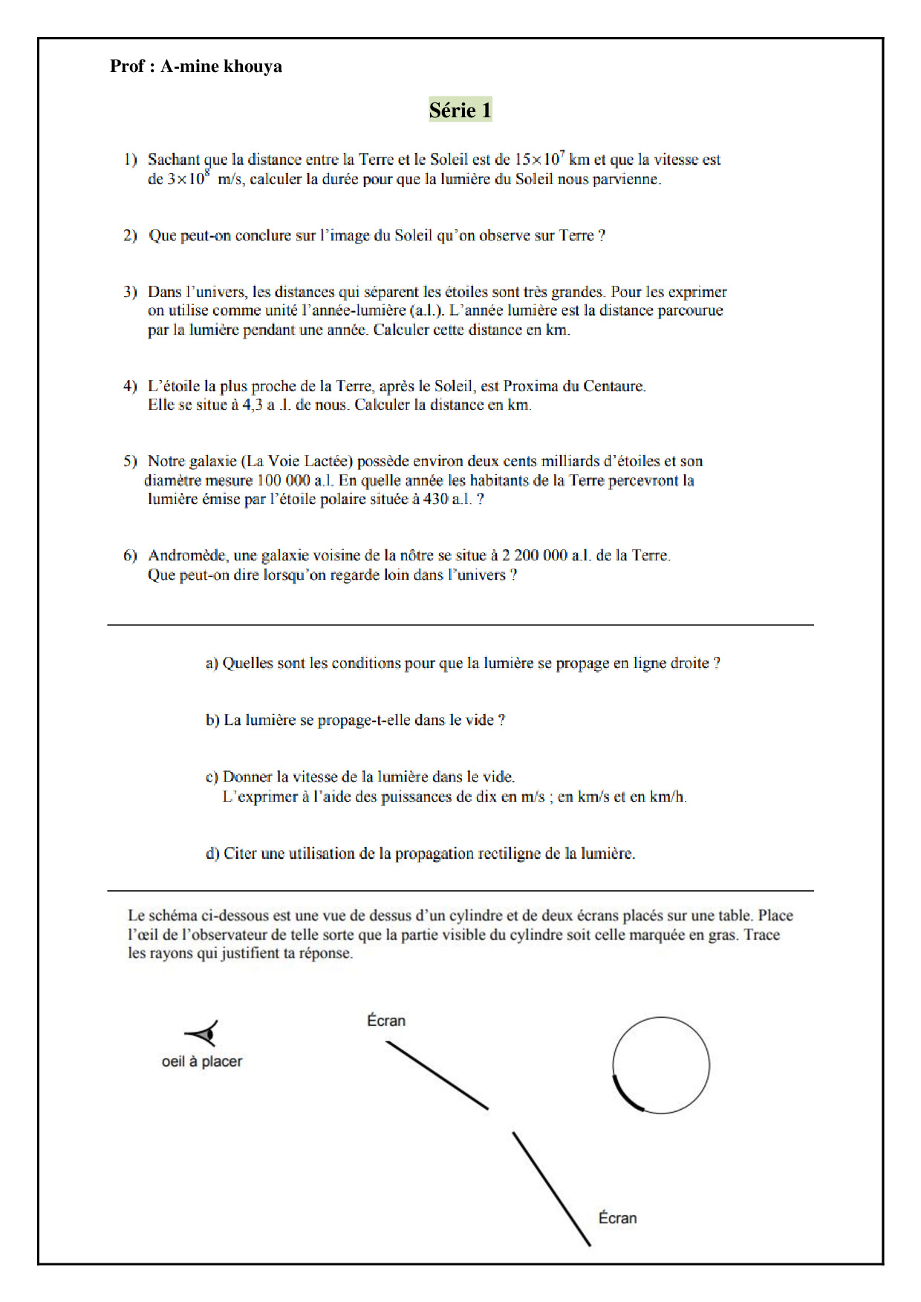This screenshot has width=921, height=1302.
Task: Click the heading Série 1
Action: point(460,110)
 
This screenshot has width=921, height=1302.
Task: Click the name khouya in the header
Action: point(253,66)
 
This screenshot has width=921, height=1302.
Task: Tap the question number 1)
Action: point(131,159)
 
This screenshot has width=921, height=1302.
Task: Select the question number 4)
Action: point(131,386)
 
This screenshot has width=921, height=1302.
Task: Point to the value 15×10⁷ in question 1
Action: point(540,159)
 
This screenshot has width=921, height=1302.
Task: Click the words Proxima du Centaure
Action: point(574,386)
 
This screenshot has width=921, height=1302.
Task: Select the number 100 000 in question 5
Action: point(283,480)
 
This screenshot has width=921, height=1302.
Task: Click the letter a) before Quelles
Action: point(212,663)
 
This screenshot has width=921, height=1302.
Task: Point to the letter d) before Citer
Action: point(212,854)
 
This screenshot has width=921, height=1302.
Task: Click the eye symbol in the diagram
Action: point(202,1033)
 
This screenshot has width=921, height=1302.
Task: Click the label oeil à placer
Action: point(202,1061)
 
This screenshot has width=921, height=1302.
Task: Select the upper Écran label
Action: point(386,1021)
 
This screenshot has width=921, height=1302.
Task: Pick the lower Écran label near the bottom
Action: point(617,1218)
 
